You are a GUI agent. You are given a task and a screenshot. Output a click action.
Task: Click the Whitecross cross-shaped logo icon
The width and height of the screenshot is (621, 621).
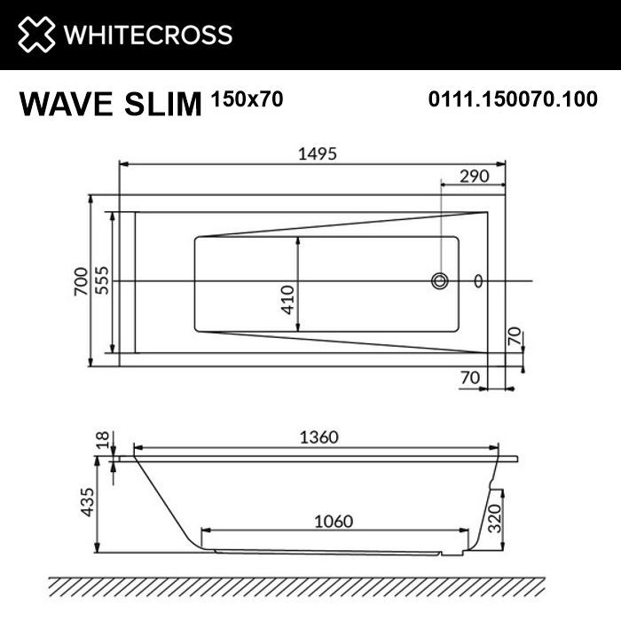[x=35, y=35]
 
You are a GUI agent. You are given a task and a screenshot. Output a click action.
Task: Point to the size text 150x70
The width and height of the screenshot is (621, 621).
[x=248, y=99]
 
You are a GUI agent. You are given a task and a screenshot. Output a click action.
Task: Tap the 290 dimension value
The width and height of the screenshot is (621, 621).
[x=475, y=176]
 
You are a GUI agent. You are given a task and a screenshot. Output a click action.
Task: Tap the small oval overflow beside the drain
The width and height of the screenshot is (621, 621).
[x=480, y=281]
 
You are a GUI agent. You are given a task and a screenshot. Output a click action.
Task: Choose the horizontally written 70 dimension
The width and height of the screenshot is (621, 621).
[x=470, y=377]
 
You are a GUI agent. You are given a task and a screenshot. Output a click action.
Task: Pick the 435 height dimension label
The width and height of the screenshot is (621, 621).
[x=86, y=507]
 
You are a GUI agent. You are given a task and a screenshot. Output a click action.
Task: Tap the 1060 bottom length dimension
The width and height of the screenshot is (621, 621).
[x=333, y=521]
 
